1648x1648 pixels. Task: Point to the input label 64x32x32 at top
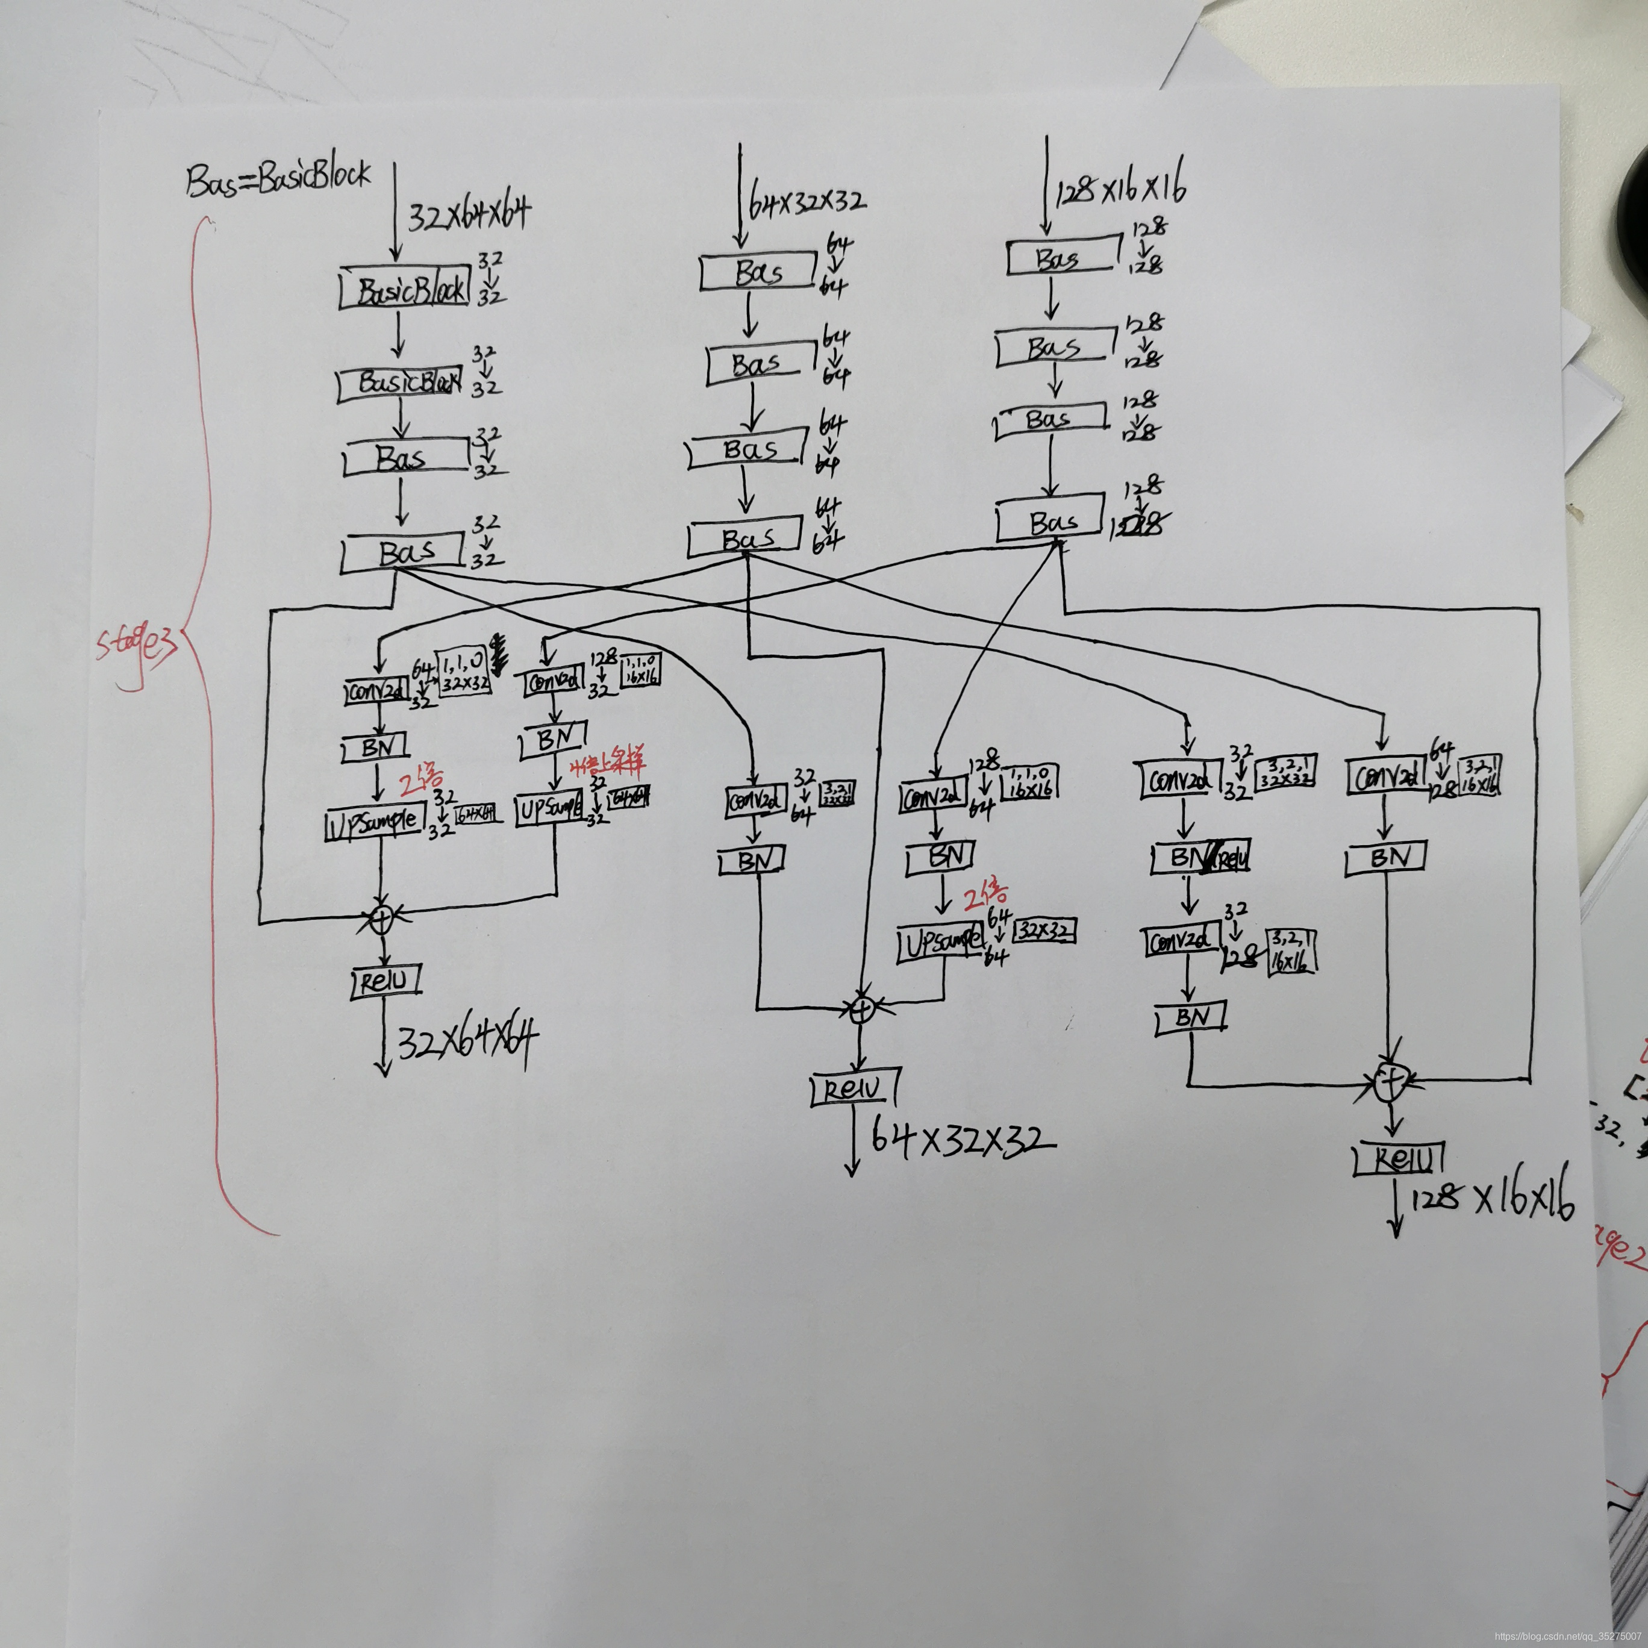pos(806,201)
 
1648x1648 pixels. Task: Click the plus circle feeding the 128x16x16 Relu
pos(1391,1082)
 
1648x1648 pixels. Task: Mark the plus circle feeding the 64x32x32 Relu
pos(863,1009)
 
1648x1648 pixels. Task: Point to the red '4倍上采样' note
pos(607,762)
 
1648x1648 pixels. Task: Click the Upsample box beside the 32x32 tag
pos(943,943)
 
